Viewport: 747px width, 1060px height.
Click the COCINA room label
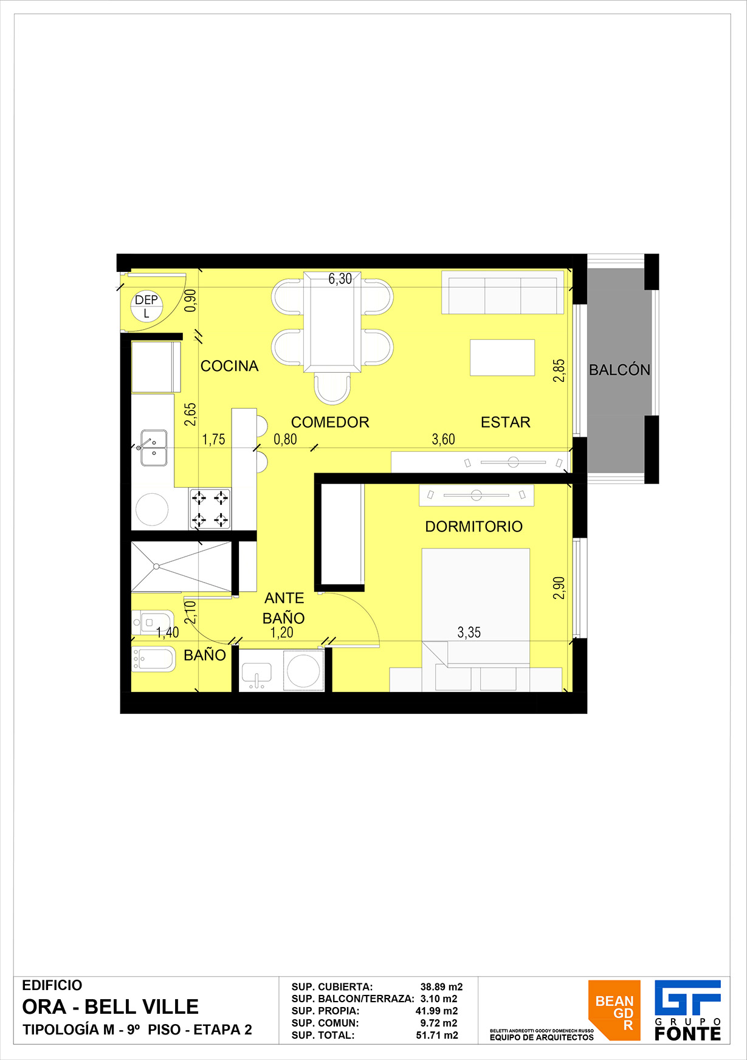[x=230, y=366]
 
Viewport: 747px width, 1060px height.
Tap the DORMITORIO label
[x=473, y=527]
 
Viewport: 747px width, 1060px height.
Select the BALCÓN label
[x=619, y=370]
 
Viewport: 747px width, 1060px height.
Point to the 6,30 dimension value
[x=340, y=279]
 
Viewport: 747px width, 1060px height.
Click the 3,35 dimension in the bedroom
[x=469, y=632]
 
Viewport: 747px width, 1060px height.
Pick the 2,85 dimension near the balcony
[x=559, y=370]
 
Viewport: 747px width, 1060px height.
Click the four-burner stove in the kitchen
[x=210, y=508]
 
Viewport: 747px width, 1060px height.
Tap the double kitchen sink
[x=154, y=448]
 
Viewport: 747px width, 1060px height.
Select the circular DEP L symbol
[x=146, y=305]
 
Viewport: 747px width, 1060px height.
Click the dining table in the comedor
[x=332, y=322]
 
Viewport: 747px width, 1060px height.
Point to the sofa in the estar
[x=503, y=293]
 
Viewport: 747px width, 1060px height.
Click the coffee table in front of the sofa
[x=502, y=358]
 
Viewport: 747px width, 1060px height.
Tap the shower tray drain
[x=156, y=566]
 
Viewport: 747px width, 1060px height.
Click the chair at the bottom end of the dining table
[x=332, y=389]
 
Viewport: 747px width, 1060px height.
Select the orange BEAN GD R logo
[x=614, y=1010]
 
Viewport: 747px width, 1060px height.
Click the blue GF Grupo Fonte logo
[x=687, y=1010]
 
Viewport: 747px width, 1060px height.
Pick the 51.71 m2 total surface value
[x=437, y=1035]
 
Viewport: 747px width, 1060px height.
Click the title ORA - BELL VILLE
[x=110, y=1007]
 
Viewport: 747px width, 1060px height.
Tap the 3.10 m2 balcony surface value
[x=439, y=999]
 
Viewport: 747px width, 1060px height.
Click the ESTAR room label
[x=506, y=422]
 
